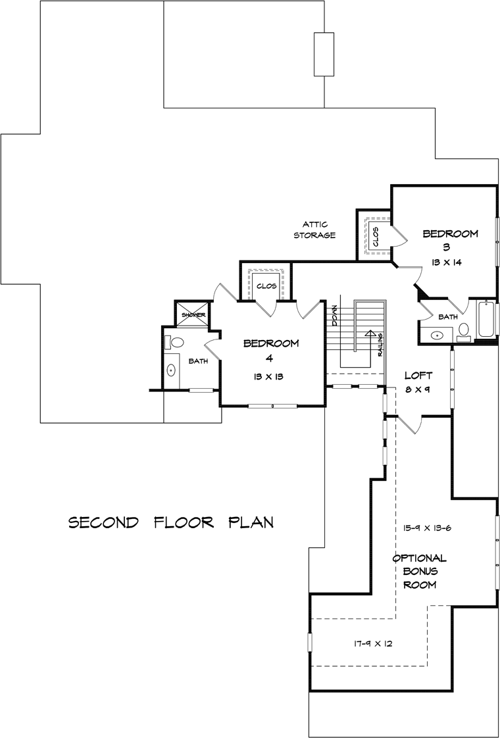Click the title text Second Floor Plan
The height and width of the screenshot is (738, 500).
(x=171, y=522)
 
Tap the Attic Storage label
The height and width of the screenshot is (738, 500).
(x=314, y=230)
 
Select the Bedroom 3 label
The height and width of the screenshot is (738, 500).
(x=451, y=239)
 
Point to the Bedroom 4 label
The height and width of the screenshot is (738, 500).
(x=270, y=351)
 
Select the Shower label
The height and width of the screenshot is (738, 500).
(x=191, y=315)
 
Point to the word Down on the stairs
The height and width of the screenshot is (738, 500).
(x=334, y=315)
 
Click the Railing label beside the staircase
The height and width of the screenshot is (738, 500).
(x=380, y=345)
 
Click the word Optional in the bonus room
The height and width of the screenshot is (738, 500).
(x=420, y=558)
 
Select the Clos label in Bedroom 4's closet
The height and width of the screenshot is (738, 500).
(x=266, y=286)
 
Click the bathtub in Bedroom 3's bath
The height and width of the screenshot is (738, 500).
(x=486, y=318)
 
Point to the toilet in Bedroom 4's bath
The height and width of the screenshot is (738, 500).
(x=176, y=342)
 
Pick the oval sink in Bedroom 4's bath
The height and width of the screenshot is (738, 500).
(x=171, y=371)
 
